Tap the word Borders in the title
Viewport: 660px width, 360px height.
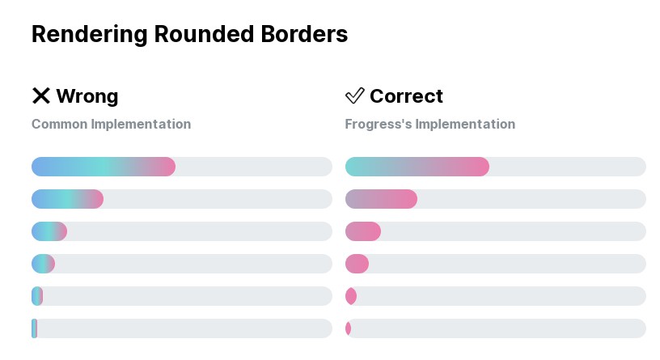(x=304, y=34)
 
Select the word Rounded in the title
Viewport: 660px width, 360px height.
(x=204, y=34)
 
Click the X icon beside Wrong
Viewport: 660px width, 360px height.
(x=41, y=95)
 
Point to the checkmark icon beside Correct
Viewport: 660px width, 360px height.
(x=355, y=95)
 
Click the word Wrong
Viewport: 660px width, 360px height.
(x=87, y=96)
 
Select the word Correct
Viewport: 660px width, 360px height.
(x=406, y=96)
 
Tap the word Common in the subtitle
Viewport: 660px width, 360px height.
(x=59, y=124)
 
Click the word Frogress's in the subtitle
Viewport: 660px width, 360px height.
(x=379, y=124)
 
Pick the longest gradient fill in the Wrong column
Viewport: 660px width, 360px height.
(x=104, y=167)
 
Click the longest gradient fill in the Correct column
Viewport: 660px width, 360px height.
(x=417, y=167)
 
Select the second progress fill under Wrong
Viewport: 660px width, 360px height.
(x=67, y=199)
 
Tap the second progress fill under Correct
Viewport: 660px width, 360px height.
(x=381, y=199)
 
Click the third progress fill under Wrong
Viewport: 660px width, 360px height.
(x=49, y=231)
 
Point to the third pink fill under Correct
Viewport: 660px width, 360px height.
(x=363, y=231)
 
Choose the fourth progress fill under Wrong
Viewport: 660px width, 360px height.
(x=44, y=264)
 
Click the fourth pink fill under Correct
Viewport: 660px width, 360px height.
(x=357, y=264)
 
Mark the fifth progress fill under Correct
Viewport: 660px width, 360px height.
(x=351, y=296)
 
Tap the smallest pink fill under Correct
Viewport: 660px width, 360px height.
(x=348, y=328)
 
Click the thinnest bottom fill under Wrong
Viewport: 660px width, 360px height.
(x=35, y=328)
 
